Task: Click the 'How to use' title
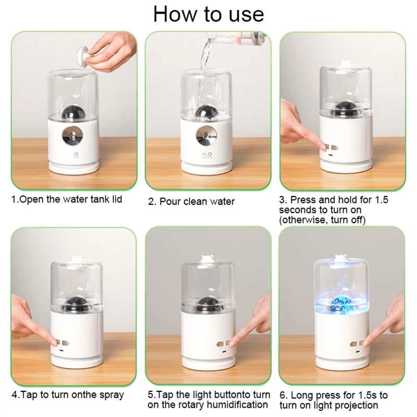208,14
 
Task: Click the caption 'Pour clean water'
197,202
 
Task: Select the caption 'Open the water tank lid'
67,200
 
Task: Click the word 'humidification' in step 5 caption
239,404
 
